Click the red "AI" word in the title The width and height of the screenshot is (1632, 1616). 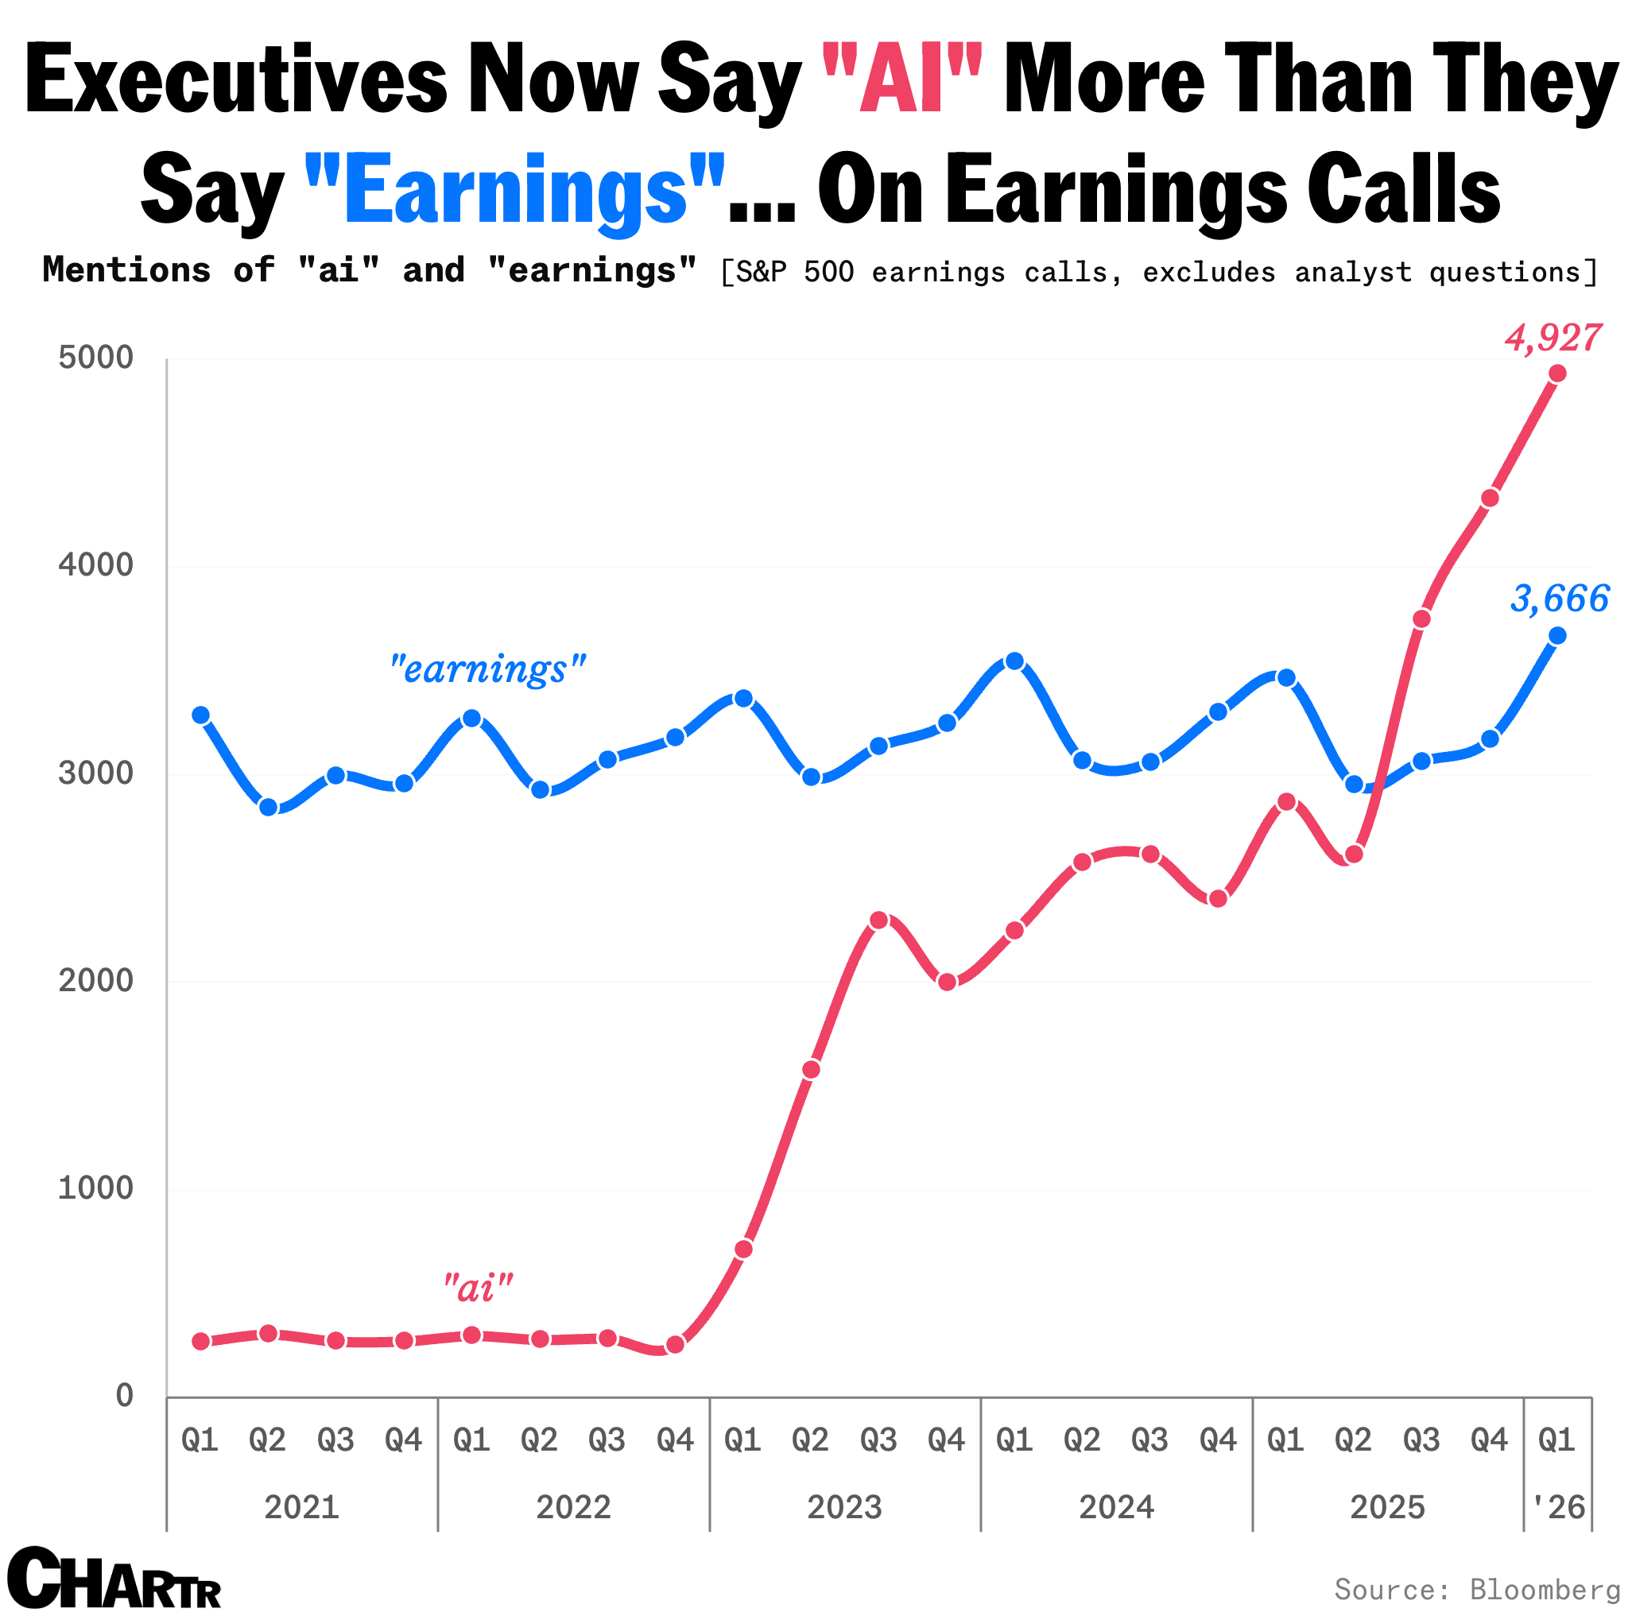(901, 80)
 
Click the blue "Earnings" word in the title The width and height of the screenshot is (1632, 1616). (514, 190)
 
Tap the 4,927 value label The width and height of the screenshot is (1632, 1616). (1552, 338)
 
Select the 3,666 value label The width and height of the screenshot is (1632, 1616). (1560, 599)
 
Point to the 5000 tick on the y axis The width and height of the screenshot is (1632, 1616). (95, 358)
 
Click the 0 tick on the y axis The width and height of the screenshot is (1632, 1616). (124, 1396)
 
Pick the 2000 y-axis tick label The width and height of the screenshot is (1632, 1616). (95, 980)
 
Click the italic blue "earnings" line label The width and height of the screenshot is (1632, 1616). (486, 669)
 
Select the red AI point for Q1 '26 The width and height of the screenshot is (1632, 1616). (1557, 374)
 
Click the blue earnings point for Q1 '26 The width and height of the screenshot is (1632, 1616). (1557, 636)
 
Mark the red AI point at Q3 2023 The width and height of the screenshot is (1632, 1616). (878, 920)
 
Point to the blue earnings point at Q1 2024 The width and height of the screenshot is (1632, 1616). (1014, 661)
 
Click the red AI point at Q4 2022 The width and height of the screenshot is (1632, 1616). (675, 1345)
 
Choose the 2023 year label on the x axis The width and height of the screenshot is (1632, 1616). (845, 1508)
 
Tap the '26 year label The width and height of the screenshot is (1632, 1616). (1559, 1508)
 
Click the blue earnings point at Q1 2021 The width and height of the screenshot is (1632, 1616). (201, 715)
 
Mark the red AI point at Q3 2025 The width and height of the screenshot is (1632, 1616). (1421, 619)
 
